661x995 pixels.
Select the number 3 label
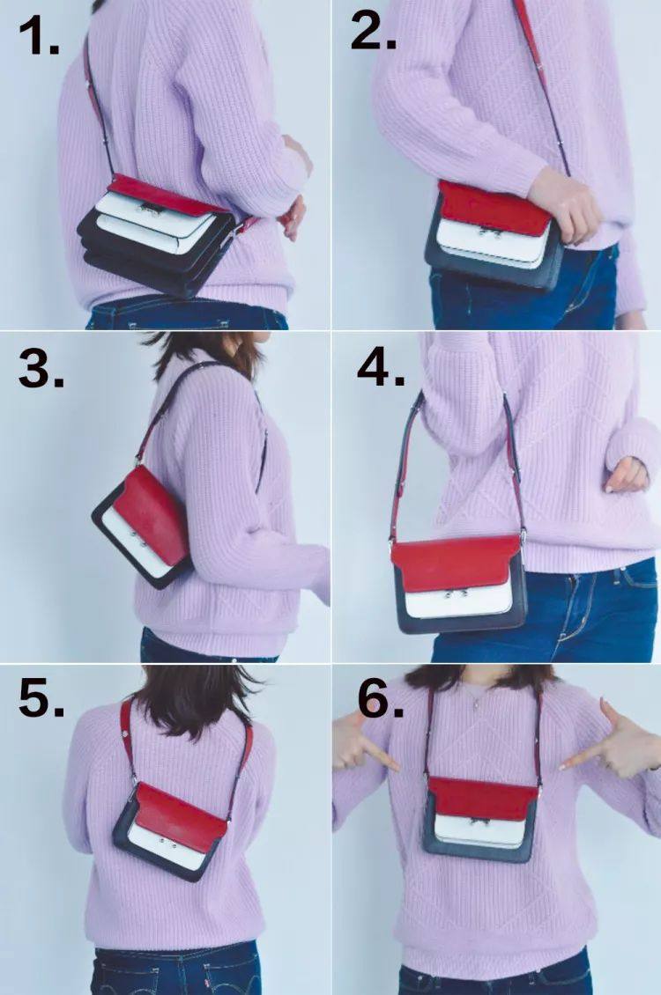[41, 368]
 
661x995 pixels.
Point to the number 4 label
[381, 366]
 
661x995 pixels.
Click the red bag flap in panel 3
[156, 514]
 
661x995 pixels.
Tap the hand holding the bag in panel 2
[564, 204]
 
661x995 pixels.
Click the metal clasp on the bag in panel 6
[480, 822]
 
